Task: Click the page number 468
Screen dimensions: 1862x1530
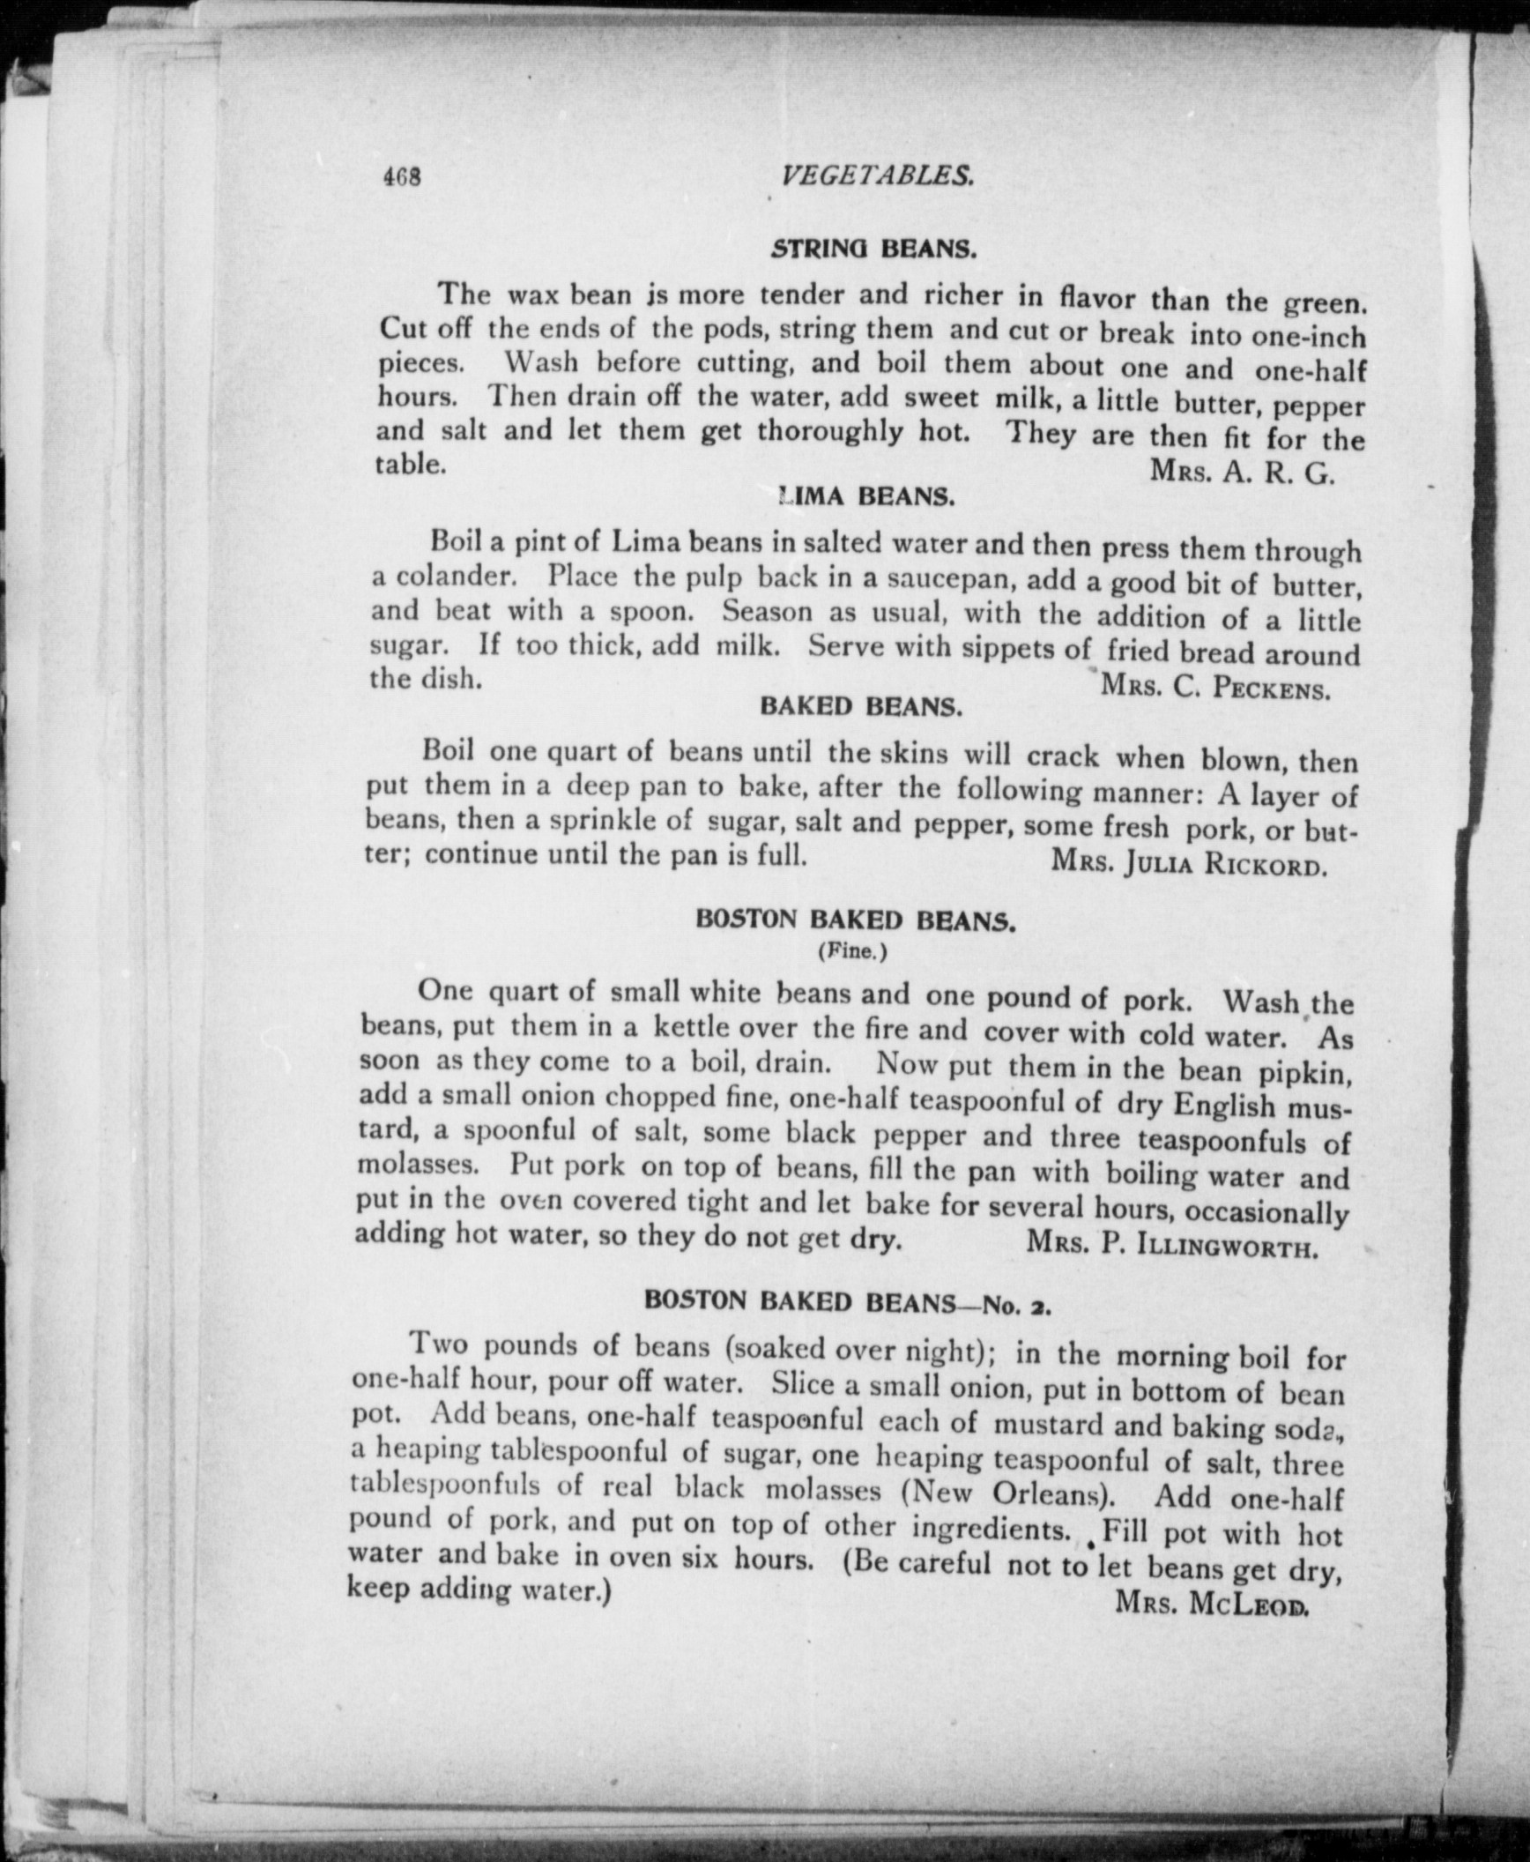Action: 403,177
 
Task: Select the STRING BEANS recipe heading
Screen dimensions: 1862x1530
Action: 873,250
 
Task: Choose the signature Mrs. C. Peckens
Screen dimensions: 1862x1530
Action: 1215,687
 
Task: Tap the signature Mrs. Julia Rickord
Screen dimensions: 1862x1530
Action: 1189,863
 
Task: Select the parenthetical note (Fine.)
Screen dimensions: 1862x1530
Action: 852,952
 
